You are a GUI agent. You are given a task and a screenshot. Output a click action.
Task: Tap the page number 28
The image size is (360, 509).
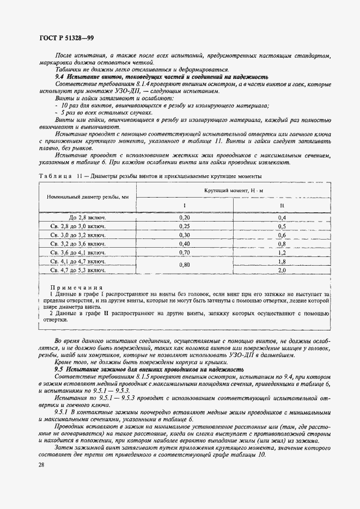(42, 464)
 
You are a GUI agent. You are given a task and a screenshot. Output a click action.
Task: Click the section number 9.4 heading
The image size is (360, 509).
(60, 77)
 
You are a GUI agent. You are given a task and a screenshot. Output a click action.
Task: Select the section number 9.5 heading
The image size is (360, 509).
(60, 369)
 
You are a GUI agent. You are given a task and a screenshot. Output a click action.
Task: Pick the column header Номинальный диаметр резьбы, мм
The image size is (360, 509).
(88, 197)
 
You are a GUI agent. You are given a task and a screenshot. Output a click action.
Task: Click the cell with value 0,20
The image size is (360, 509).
(184, 217)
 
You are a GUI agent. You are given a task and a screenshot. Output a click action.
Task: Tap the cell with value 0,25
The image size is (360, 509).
(184, 226)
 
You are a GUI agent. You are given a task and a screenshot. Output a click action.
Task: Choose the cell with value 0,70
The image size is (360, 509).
(184, 253)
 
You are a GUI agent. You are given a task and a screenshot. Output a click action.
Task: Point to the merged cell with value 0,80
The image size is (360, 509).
(184, 265)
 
